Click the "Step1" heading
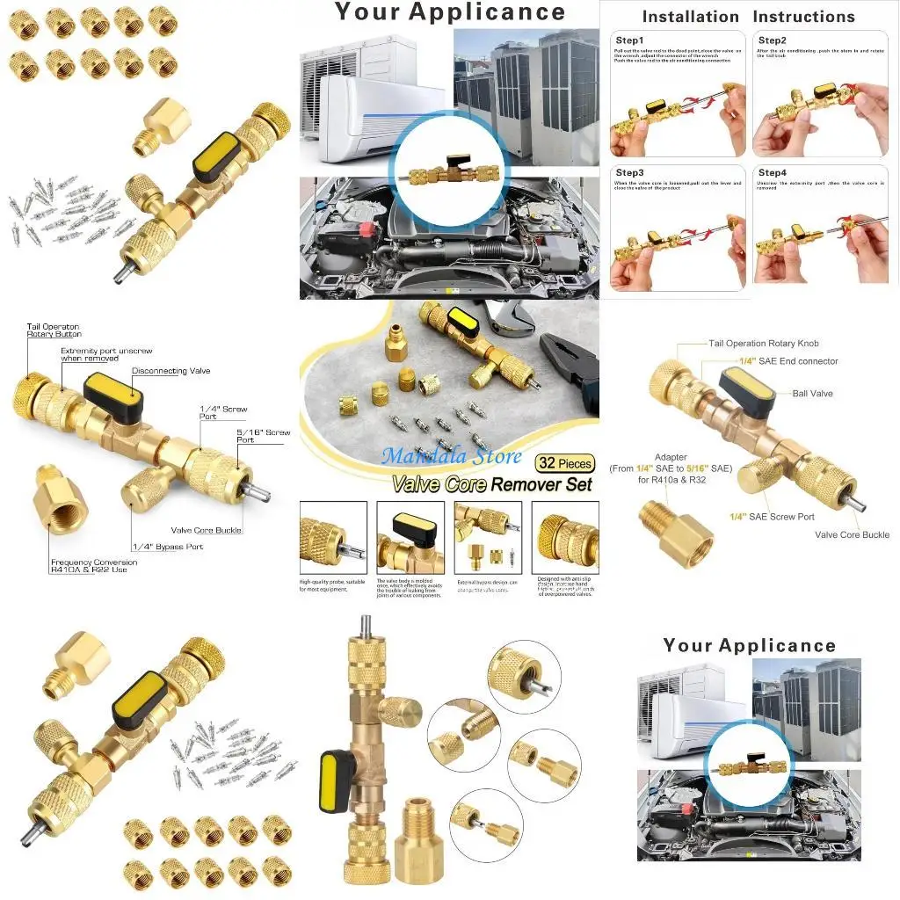click(x=629, y=40)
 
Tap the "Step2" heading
click(x=772, y=40)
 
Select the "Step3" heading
click(x=629, y=173)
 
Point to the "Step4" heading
click(x=772, y=173)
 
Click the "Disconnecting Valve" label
click(x=171, y=371)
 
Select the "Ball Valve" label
click(x=812, y=394)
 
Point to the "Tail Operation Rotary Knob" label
click(x=764, y=344)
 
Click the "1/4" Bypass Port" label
click(x=168, y=547)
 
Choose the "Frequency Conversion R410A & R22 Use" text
click(x=94, y=566)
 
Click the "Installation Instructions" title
click(x=748, y=17)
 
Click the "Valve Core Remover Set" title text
click(x=492, y=484)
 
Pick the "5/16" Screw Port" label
click(x=264, y=436)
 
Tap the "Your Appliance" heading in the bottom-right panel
click(x=750, y=645)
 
